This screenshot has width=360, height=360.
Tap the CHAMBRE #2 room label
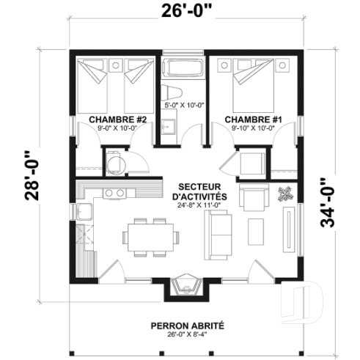(x=118, y=119)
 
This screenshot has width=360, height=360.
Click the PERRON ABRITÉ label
(x=188, y=326)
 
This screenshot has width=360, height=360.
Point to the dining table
(x=150, y=237)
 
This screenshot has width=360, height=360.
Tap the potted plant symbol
(x=284, y=195)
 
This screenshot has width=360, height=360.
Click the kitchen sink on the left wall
(x=84, y=213)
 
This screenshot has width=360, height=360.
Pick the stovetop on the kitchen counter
(x=114, y=193)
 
